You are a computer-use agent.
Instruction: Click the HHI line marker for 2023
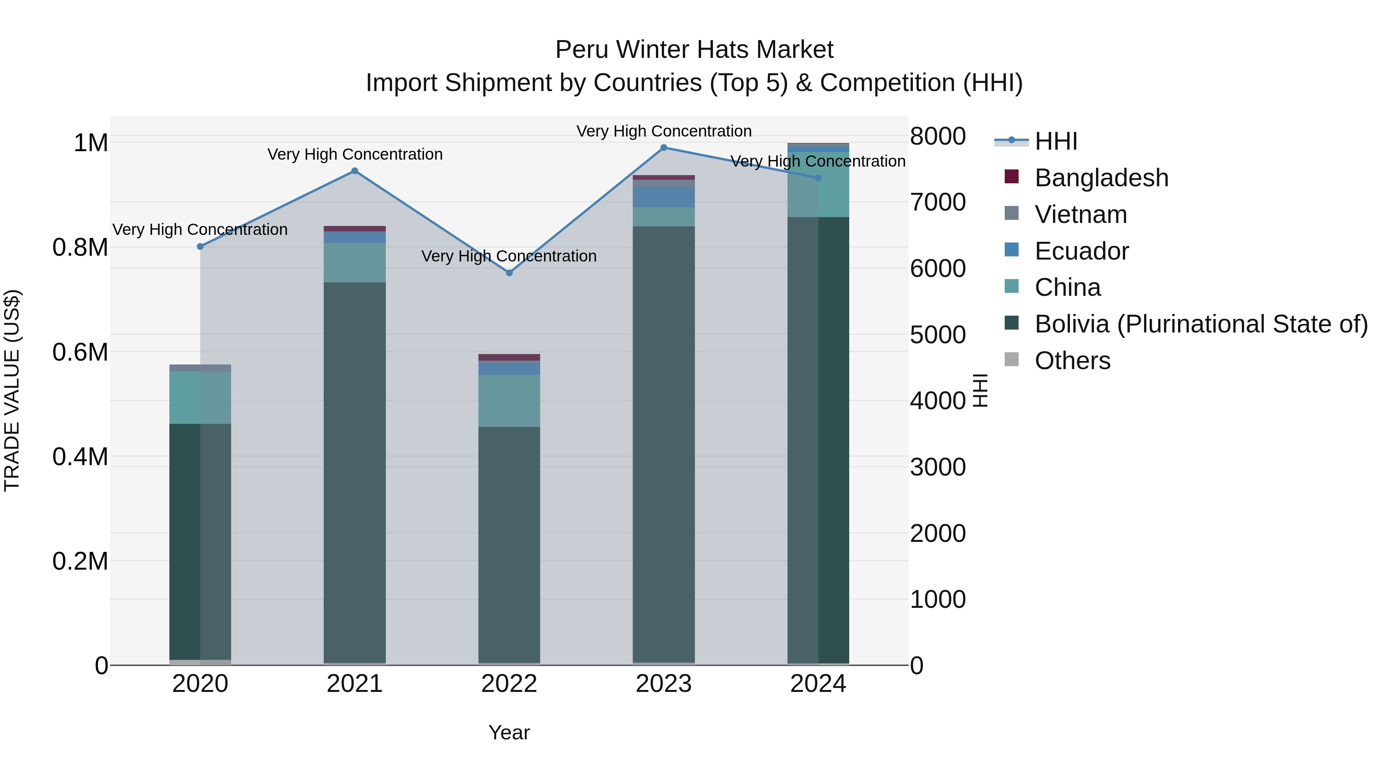pyautogui.click(x=664, y=148)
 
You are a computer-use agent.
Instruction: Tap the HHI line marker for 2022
pyautogui.click(x=509, y=273)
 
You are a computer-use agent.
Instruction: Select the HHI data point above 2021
pyautogui.click(x=355, y=171)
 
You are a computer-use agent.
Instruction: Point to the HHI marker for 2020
pyautogui.click(x=200, y=246)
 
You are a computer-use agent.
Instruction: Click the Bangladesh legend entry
pyautogui.click(x=1101, y=178)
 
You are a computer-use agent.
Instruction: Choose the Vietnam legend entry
pyautogui.click(x=1081, y=214)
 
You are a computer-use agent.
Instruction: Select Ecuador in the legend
pyautogui.click(x=1081, y=251)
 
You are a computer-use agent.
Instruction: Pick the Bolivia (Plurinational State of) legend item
pyautogui.click(x=1201, y=324)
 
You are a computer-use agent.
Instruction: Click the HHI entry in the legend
pyautogui.click(x=1055, y=141)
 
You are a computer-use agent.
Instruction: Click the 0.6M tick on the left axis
pyautogui.click(x=80, y=353)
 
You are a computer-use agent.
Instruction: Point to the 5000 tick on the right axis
pyautogui.click(x=937, y=335)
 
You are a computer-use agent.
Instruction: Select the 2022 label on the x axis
pyautogui.click(x=509, y=684)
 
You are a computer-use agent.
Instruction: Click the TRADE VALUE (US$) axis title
pyautogui.click(x=12, y=390)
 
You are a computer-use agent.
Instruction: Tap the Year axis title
pyautogui.click(x=509, y=732)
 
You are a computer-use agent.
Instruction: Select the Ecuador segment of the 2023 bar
pyautogui.click(x=664, y=197)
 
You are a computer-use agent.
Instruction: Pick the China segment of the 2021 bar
pyautogui.click(x=355, y=263)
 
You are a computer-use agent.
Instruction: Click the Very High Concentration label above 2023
pyautogui.click(x=664, y=131)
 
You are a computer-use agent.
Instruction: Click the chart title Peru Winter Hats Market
pyautogui.click(x=694, y=50)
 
